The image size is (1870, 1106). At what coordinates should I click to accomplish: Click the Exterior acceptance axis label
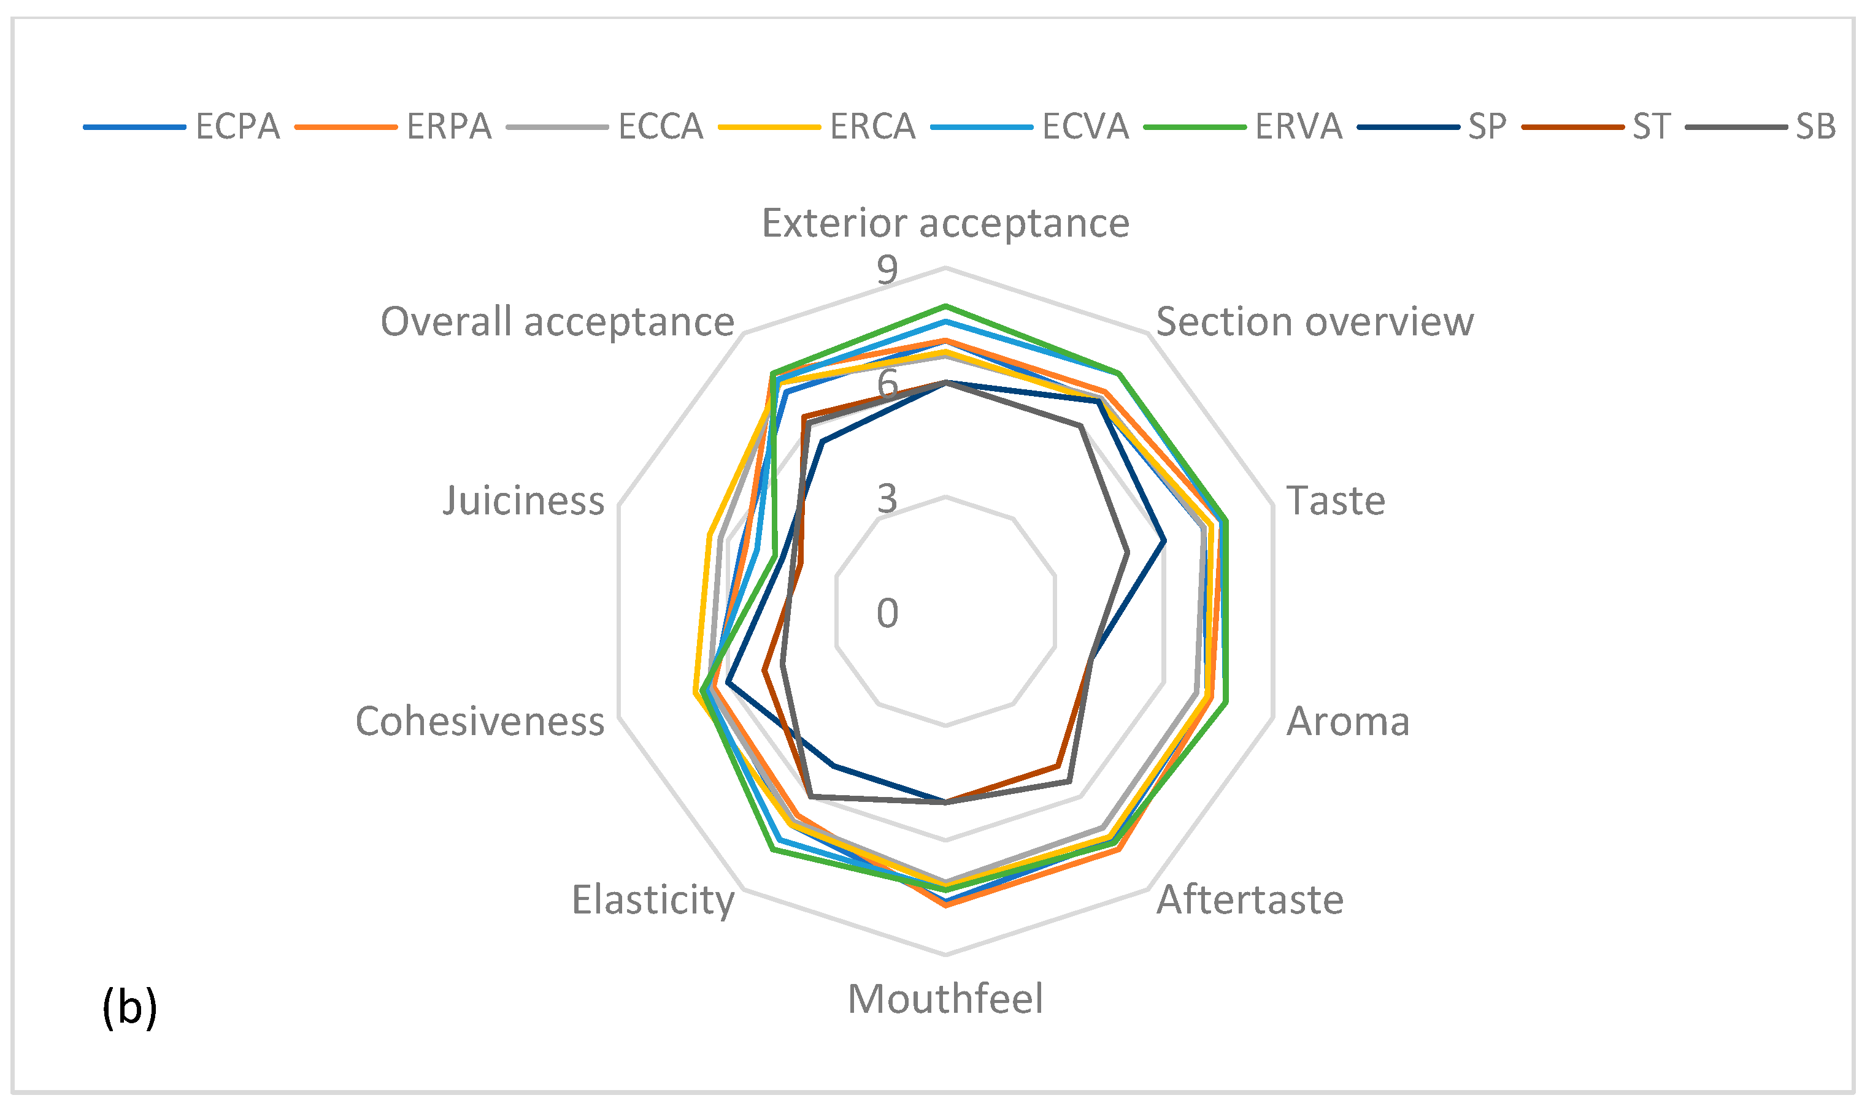(945, 223)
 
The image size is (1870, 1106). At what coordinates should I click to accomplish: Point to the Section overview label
(1315, 322)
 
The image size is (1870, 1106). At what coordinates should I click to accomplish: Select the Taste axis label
(1336, 500)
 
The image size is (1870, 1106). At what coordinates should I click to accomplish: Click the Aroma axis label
(1348, 722)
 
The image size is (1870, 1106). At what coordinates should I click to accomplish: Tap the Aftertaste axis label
(1250, 899)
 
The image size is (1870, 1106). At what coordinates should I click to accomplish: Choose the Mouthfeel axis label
(945, 999)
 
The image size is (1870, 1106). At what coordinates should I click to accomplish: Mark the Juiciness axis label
(523, 500)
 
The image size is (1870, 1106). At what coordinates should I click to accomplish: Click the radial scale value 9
(887, 270)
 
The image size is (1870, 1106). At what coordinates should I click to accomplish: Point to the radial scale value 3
(887, 498)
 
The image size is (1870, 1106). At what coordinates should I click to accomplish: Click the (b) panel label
(129, 1008)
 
